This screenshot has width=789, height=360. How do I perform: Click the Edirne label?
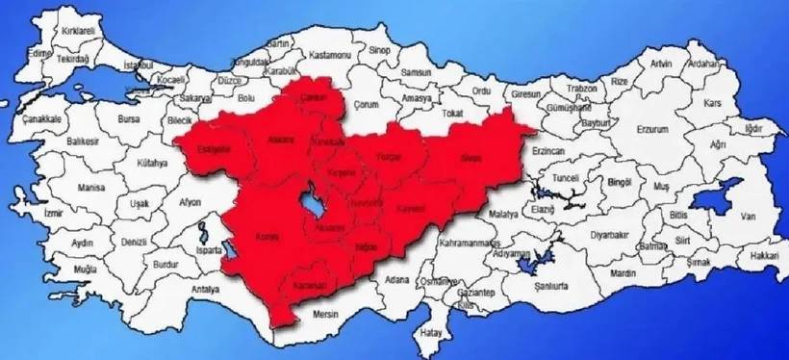[x=38, y=53]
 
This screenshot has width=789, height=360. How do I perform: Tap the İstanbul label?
[x=139, y=65]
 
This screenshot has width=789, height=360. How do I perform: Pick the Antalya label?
[x=205, y=289]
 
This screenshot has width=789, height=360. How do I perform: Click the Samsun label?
[x=416, y=72]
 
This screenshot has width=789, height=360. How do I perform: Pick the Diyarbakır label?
[x=608, y=234]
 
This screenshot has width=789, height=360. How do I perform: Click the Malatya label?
[x=503, y=213]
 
